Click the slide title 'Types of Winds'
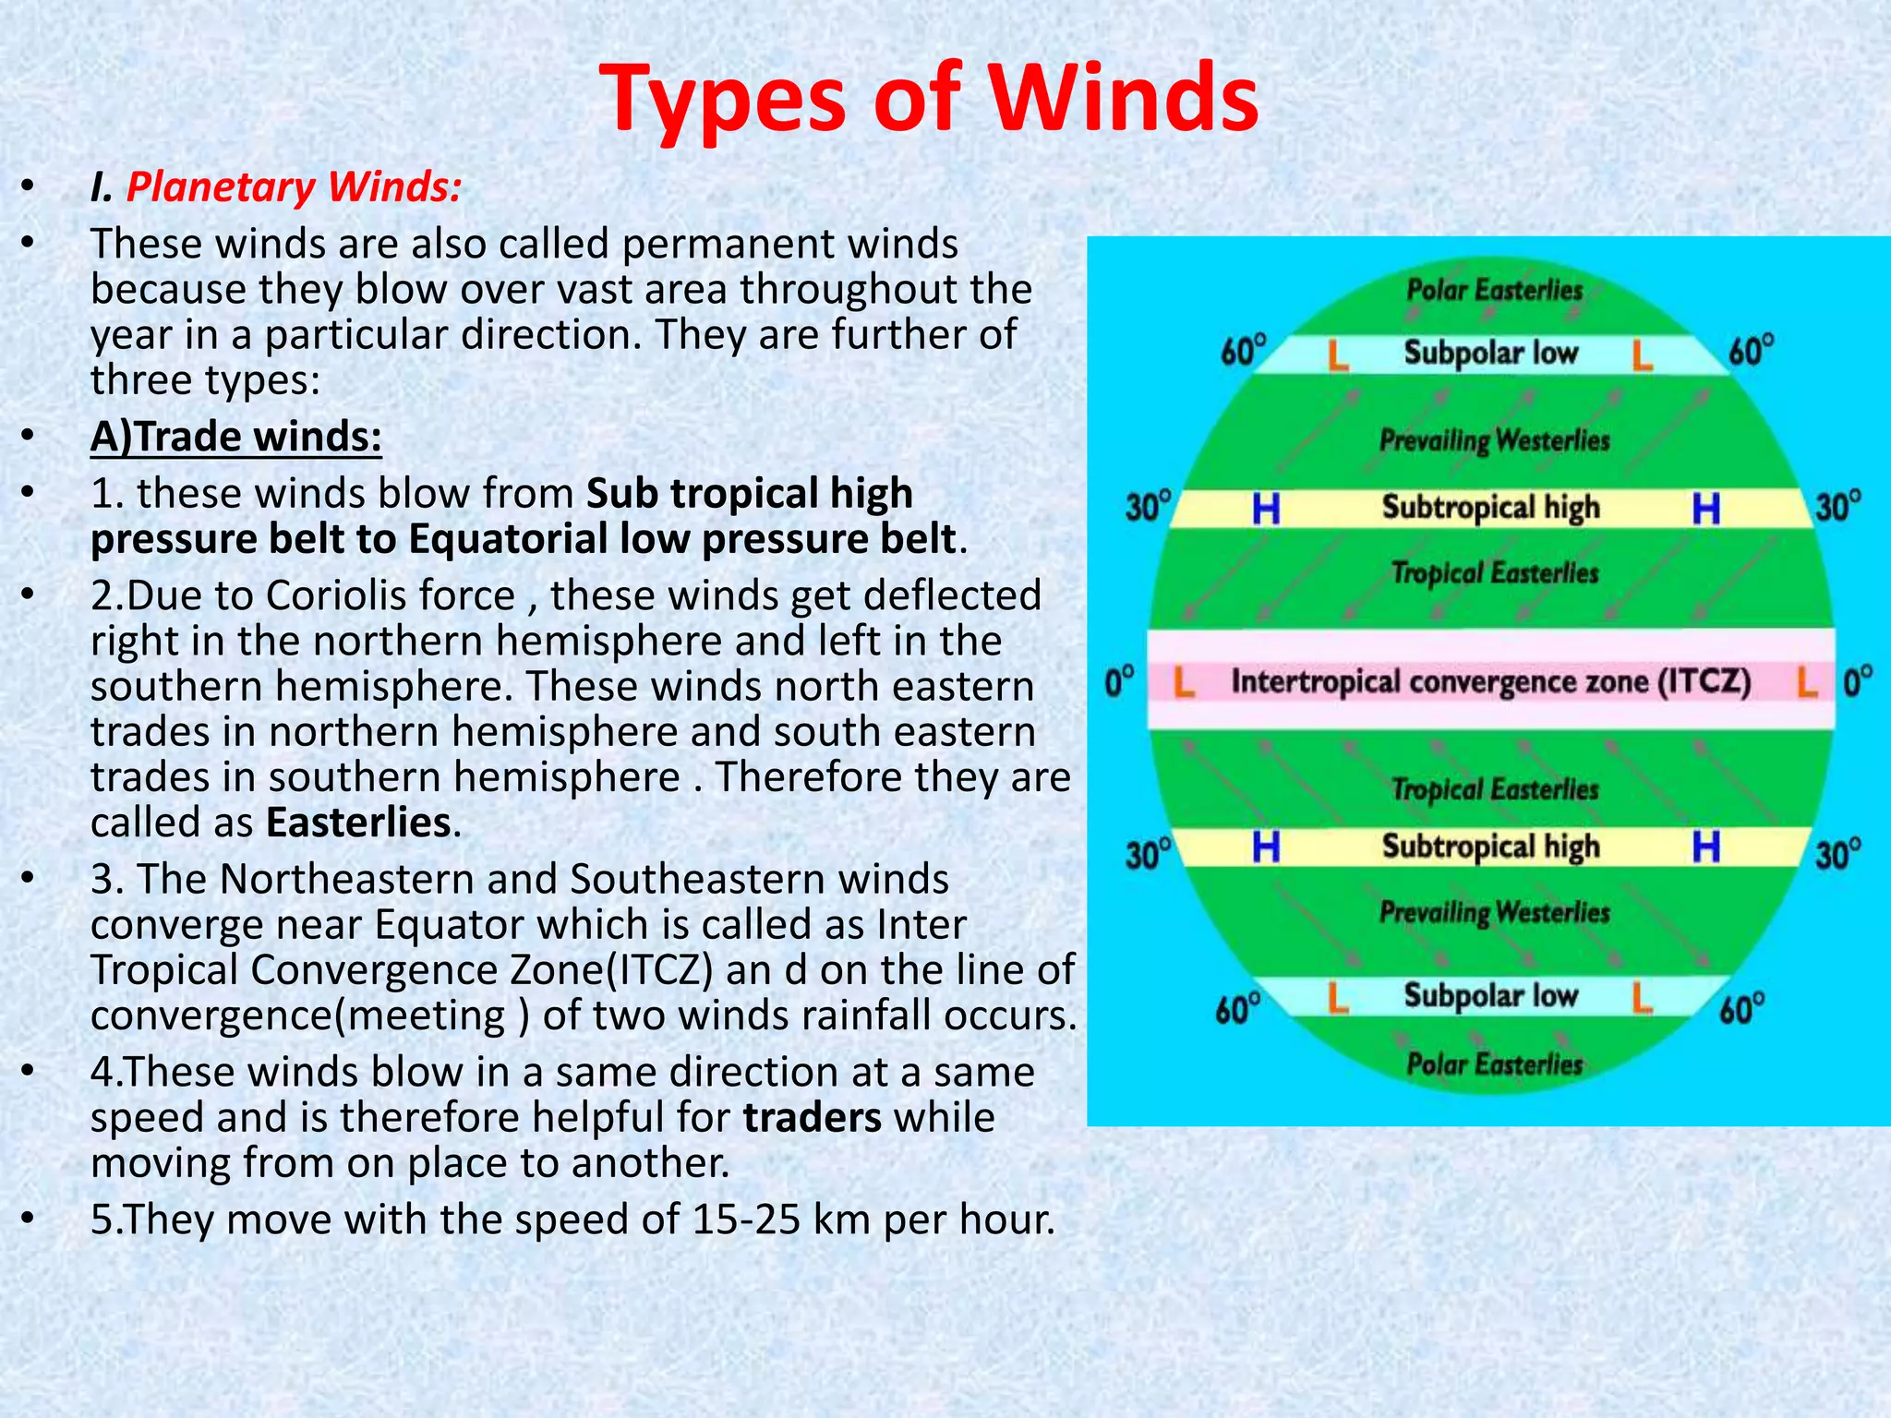929,98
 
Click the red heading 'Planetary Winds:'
294,187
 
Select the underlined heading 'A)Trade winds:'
236,437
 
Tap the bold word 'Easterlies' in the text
358,823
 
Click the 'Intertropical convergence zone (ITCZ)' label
1490,682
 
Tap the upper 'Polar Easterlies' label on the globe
1494,290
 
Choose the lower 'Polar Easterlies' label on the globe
1494,1064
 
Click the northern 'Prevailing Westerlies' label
1494,440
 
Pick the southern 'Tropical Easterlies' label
1494,789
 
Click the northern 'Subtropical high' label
1490,508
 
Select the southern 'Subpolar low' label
1490,995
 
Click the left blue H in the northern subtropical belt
1266,509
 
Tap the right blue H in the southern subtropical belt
1705,847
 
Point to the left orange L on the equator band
1184,684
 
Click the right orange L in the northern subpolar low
1642,354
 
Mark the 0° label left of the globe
1120,684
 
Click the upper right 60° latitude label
1751,352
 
